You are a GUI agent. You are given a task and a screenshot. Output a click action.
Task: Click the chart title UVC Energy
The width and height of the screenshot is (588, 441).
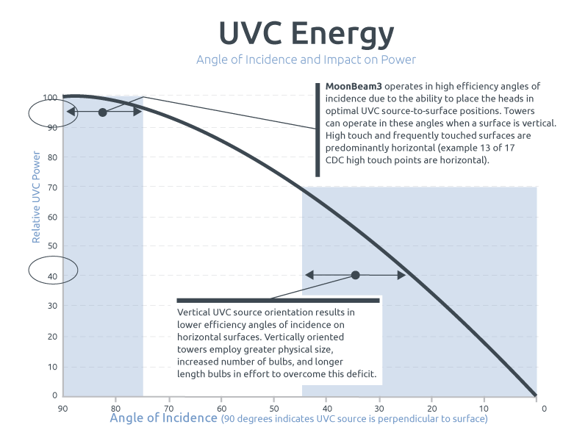pos(306,34)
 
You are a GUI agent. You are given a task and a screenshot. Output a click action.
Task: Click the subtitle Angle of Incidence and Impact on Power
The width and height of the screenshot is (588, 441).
pos(306,60)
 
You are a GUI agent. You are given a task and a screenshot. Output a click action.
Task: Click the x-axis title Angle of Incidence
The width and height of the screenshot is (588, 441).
pos(163,418)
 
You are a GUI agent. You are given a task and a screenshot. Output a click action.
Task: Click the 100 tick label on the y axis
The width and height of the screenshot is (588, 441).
pos(49,98)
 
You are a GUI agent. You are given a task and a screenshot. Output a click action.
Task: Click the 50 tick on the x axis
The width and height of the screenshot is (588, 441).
pos(273,406)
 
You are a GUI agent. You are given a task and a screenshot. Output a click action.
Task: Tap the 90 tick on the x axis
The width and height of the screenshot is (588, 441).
pos(63,406)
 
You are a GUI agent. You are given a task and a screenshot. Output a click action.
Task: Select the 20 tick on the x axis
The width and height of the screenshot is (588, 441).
pos(431,406)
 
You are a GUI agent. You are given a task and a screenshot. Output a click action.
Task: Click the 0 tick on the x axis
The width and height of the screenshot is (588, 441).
pos(544,406)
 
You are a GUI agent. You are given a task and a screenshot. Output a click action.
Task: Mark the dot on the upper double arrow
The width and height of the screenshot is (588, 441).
pos(103,112)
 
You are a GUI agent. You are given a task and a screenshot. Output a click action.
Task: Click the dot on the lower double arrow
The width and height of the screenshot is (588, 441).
pos(355,275)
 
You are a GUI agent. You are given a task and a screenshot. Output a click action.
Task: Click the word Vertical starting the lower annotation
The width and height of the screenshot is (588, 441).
pos(193,312)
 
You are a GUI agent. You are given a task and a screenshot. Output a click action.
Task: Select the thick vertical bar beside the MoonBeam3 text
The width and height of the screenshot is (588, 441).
pos(318,129)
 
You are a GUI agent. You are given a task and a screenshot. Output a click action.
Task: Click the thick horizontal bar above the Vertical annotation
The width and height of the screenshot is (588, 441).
pos(279,300)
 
